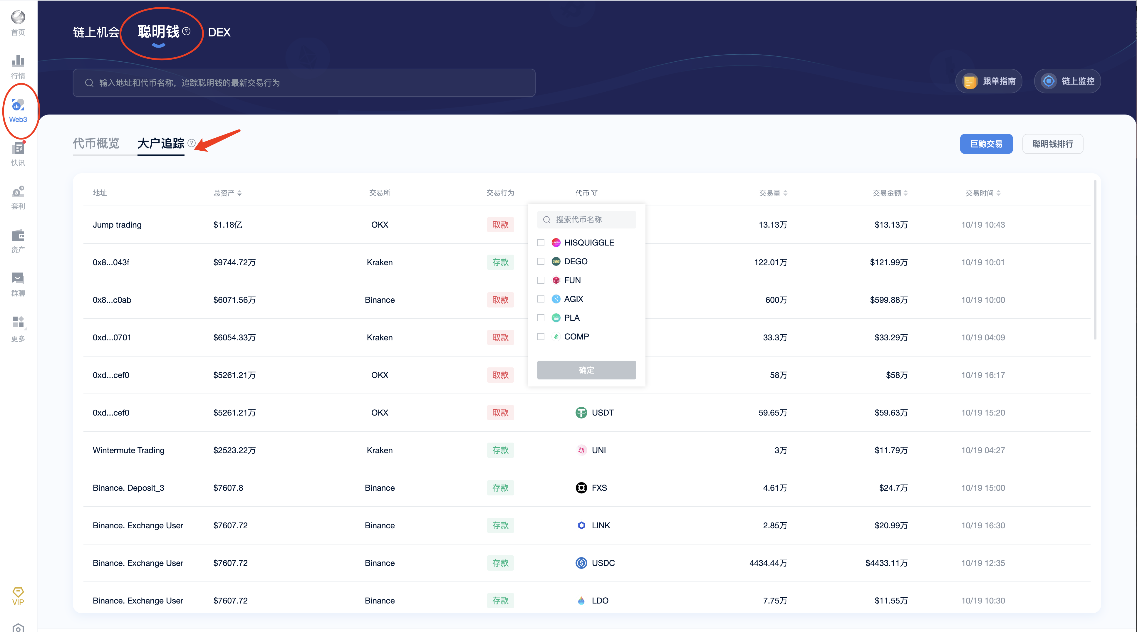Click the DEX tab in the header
pyautogui.click(x=219, y=32)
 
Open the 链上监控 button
pyautogui.click(x=1067, y=81)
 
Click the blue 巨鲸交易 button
pyautogui.click(x=986, y=144)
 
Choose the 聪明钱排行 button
pyautogui.click(x=1052, y=144)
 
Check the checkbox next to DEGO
pyautogui.click(x=541, y=261)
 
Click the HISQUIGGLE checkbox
pyautogui.click(x=541, y=243)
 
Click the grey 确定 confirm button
pyautogui.click(x=586, y=370)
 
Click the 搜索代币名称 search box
pyautogui.click(x=587, y=220)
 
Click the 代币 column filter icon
pyautogui.click(x=595, y=193)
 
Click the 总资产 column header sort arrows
pyautogui.click(x=239, y=193)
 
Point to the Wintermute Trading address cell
pyautogui.click(x=128, y=450)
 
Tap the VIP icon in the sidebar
pyautogui.click(x=18, y=596)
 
